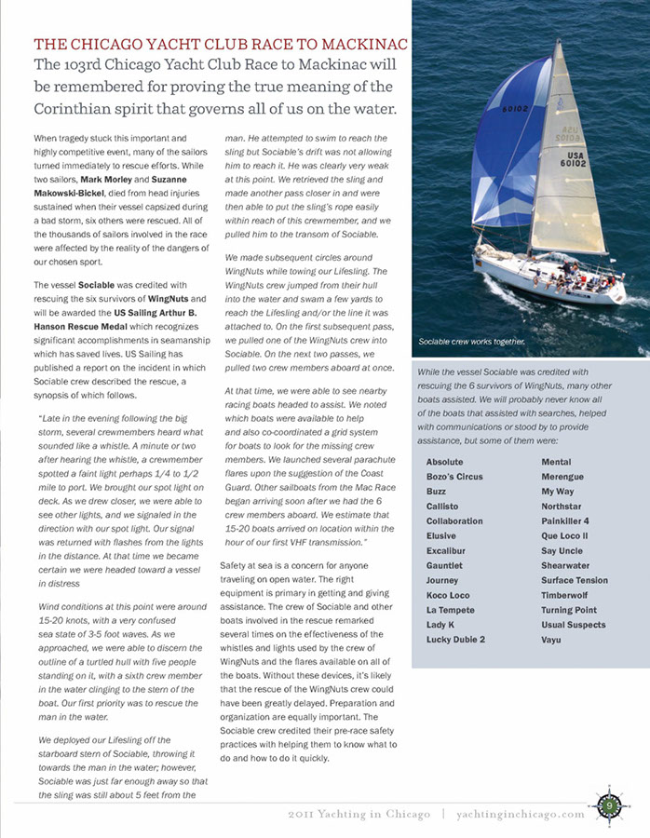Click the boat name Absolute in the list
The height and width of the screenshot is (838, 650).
444,462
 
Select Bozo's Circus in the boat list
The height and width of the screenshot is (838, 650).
454,477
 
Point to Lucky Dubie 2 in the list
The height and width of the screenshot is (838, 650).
455,640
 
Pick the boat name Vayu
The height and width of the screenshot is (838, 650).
552,640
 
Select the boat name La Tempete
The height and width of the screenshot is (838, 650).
451,610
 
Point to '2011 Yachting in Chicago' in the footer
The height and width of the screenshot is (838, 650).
359,814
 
